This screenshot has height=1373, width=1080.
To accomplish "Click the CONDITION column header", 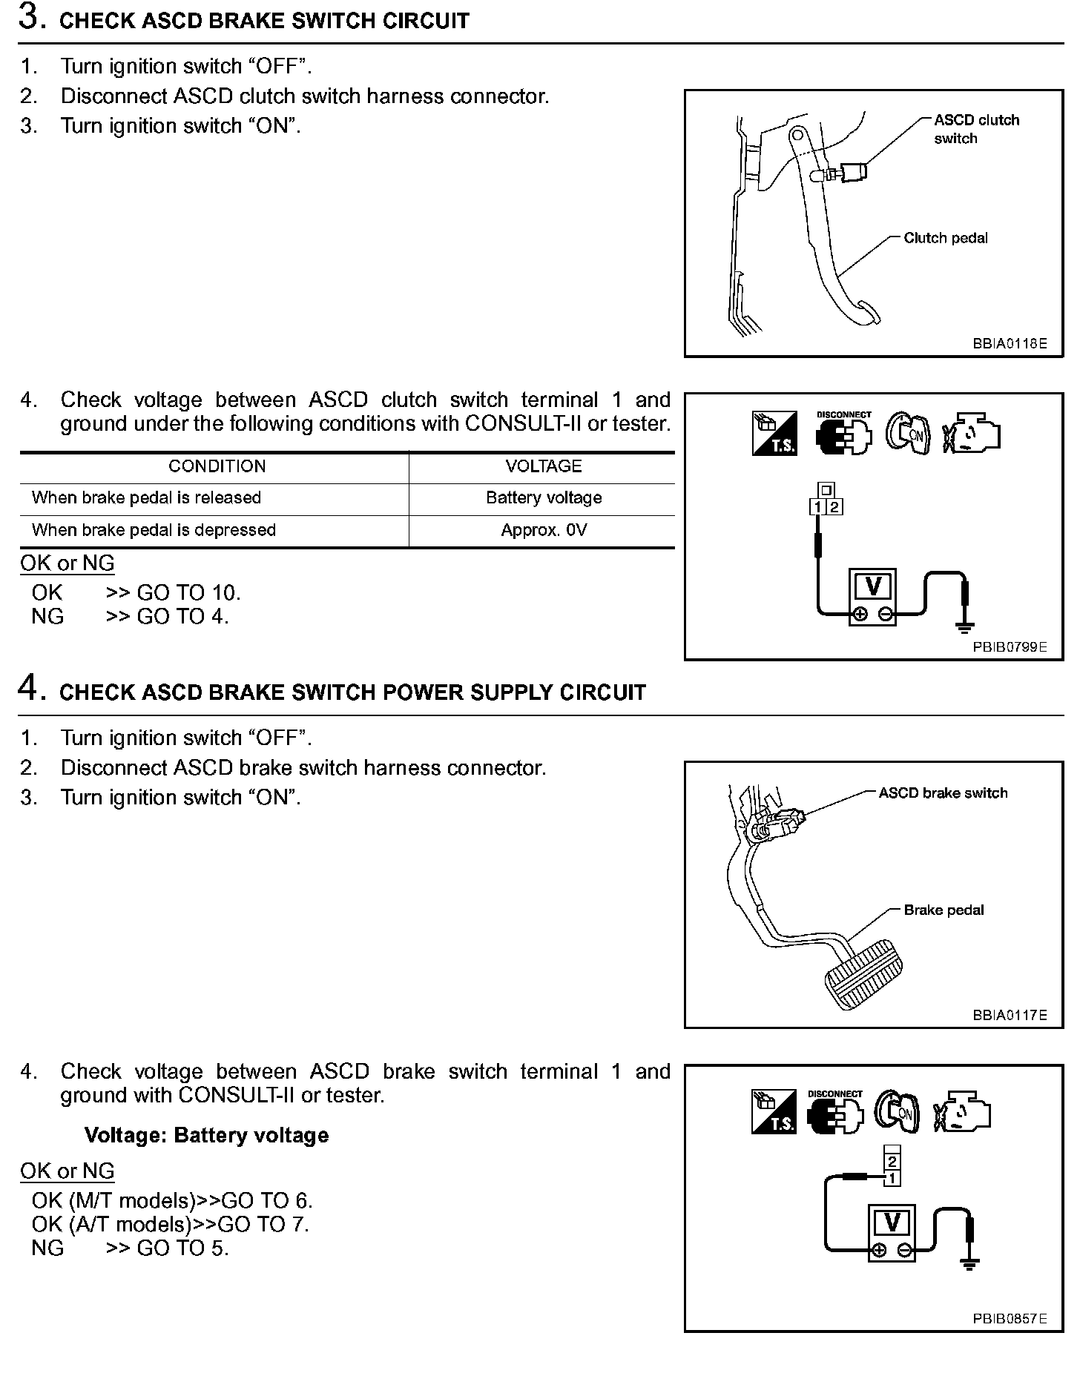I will (x=217, y=466).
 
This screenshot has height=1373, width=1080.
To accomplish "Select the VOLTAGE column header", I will (x=543, y=466).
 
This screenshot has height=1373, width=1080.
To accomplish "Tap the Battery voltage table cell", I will (x=543, y=497).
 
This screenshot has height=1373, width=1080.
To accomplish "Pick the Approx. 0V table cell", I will (x=543, y=530).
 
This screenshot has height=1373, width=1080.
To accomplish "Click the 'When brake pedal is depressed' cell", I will (x=154, y=530).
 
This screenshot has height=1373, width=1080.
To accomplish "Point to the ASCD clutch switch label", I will (x=975, y=129).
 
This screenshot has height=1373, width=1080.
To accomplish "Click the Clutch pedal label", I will (x=945, y=238).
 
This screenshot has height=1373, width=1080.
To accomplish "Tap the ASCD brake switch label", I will (x=942, y=793).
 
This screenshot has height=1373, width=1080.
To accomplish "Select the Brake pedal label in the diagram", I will (x=943, y=910).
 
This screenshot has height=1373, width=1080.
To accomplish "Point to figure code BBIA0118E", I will (x=1010, y=344).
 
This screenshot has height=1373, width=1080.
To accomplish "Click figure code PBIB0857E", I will (x=1010, y=1318).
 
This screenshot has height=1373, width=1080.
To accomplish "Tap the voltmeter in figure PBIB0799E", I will (x=873, y=598).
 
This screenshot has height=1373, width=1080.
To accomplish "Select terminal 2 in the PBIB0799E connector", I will (x=835, y=507).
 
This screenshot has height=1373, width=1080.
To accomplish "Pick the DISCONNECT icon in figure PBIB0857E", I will (x=835, y=1111).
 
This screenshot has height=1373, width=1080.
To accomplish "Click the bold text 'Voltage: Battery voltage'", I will (x=206, y=1135).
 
